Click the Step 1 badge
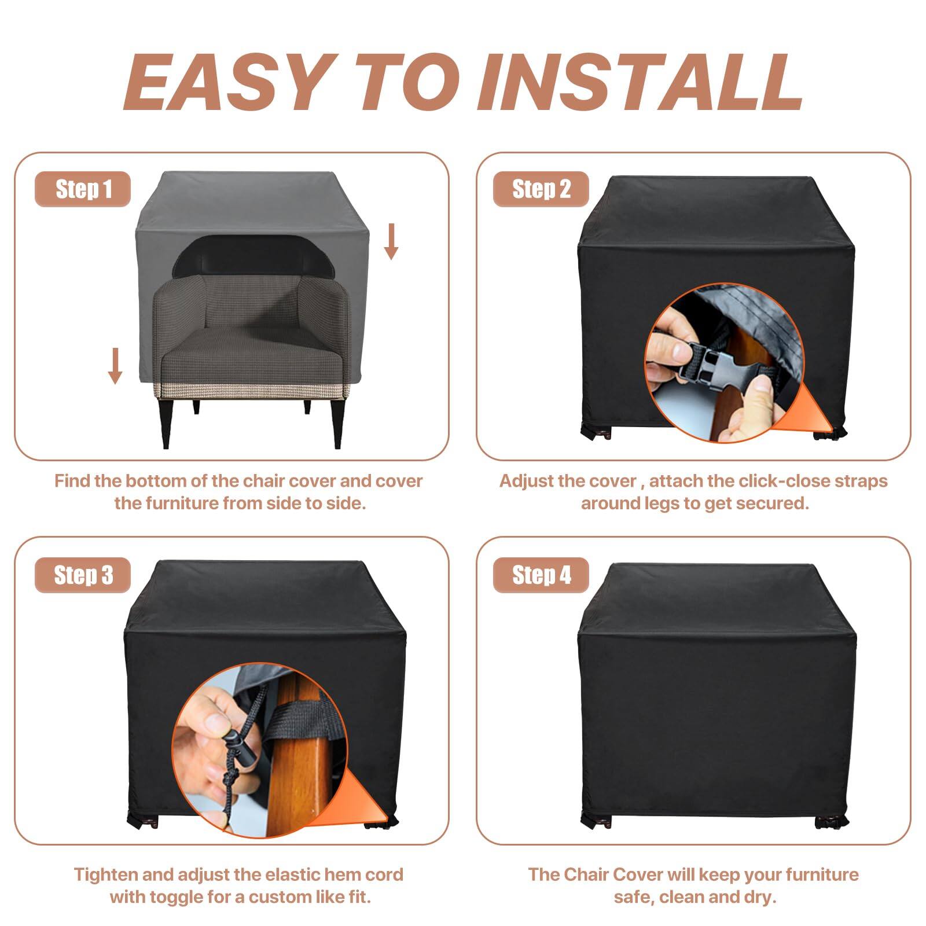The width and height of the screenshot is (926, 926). click(83, 189)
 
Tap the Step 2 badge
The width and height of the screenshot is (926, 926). click(541, 189)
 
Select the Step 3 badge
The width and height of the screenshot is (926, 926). click(83, 575)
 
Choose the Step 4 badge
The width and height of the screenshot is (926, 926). click(541, 575)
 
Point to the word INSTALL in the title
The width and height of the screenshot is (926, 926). click(640, 82)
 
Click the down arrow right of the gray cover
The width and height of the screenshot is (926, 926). click(392, 242)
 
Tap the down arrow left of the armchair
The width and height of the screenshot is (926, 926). click(115, 366)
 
